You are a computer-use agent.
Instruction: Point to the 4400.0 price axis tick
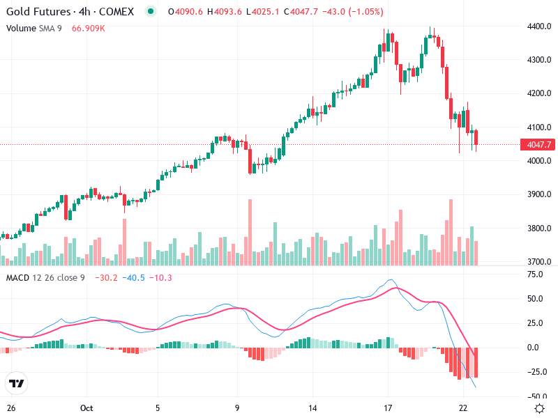538,26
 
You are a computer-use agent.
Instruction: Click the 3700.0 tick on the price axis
538,262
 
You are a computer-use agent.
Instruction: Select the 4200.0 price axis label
538,93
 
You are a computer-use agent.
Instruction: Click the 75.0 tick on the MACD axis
535,274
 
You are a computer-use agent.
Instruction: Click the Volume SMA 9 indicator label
35,28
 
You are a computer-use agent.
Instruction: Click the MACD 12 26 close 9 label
45,278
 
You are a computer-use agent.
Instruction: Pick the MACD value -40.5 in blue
134,278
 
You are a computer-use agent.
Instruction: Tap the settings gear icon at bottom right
539,409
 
